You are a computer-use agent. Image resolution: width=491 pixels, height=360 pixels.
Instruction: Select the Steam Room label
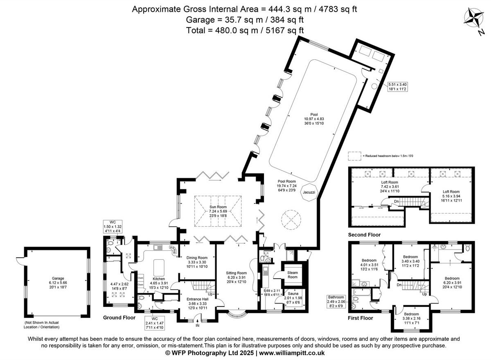point(292,275)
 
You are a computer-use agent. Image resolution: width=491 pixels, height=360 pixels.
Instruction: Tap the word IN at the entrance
point(197,326)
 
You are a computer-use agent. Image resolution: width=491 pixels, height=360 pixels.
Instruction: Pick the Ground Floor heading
point(119,317)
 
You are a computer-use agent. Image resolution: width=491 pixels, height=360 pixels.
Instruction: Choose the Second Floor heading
point(364,235)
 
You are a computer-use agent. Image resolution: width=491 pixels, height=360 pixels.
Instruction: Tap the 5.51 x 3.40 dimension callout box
point(397,86)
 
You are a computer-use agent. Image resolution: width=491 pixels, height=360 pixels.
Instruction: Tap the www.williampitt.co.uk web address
point(292,353)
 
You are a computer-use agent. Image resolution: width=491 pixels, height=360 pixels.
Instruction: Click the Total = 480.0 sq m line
point(245,30)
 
